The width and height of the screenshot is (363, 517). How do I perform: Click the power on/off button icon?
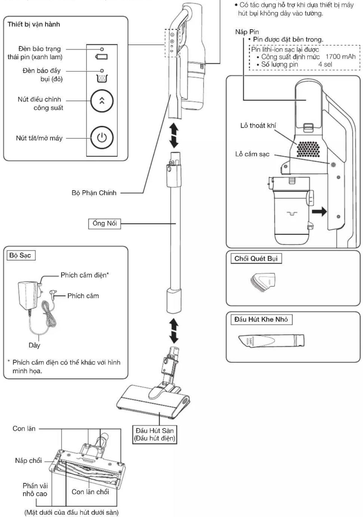coord(102,138)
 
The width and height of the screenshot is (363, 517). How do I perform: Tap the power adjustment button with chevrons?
coord(102,101)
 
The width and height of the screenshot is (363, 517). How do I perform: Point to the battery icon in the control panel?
coord(102,57)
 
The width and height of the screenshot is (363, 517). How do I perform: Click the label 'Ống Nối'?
coord(104,224)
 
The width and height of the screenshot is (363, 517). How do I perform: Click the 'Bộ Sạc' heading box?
coord(20,255)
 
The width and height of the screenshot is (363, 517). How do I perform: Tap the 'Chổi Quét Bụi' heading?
coord(256,258)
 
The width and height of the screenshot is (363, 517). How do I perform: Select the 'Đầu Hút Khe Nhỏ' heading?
coord(261,319)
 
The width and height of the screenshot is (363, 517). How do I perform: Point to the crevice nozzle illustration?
coord(271,341)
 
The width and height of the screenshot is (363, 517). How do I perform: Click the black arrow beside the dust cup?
coord(320,211)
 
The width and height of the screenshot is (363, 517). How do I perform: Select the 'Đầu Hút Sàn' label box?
coord(154,434)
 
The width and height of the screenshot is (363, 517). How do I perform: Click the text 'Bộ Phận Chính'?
coord(94,193)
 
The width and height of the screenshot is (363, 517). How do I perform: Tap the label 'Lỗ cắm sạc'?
coord(252,154)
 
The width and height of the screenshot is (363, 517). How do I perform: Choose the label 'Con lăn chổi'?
coord(90,492)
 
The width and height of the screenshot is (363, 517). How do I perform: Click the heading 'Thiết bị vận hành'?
coord(34,24)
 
